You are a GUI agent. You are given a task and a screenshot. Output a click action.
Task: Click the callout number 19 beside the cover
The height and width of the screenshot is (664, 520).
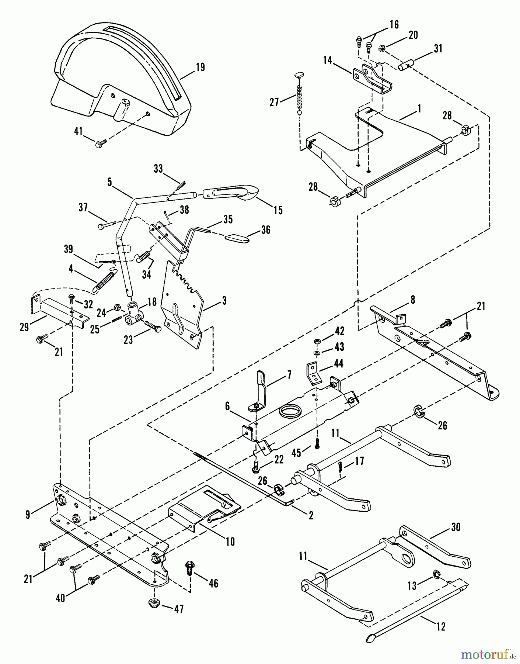(200, 68)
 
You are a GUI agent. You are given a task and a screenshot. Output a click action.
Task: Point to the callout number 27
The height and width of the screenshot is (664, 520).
(274, 102)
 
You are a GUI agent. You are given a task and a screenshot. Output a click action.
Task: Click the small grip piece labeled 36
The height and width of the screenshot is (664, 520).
(237, 238)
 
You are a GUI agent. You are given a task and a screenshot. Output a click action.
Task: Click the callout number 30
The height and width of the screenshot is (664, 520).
(456, 528)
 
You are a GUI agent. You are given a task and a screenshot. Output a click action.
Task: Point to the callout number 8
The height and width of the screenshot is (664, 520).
(412, 300)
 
